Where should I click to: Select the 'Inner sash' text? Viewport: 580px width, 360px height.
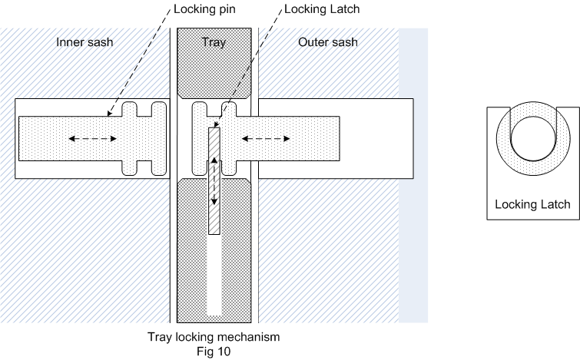click(84, 41)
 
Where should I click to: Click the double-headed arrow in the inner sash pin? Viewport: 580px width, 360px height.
click(93, 139)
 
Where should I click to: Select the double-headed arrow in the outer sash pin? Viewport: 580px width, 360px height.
click(266, 139)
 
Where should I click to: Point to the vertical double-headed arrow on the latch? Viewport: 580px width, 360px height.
click(214, 183)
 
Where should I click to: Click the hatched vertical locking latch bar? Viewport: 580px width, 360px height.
click(214, 215)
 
